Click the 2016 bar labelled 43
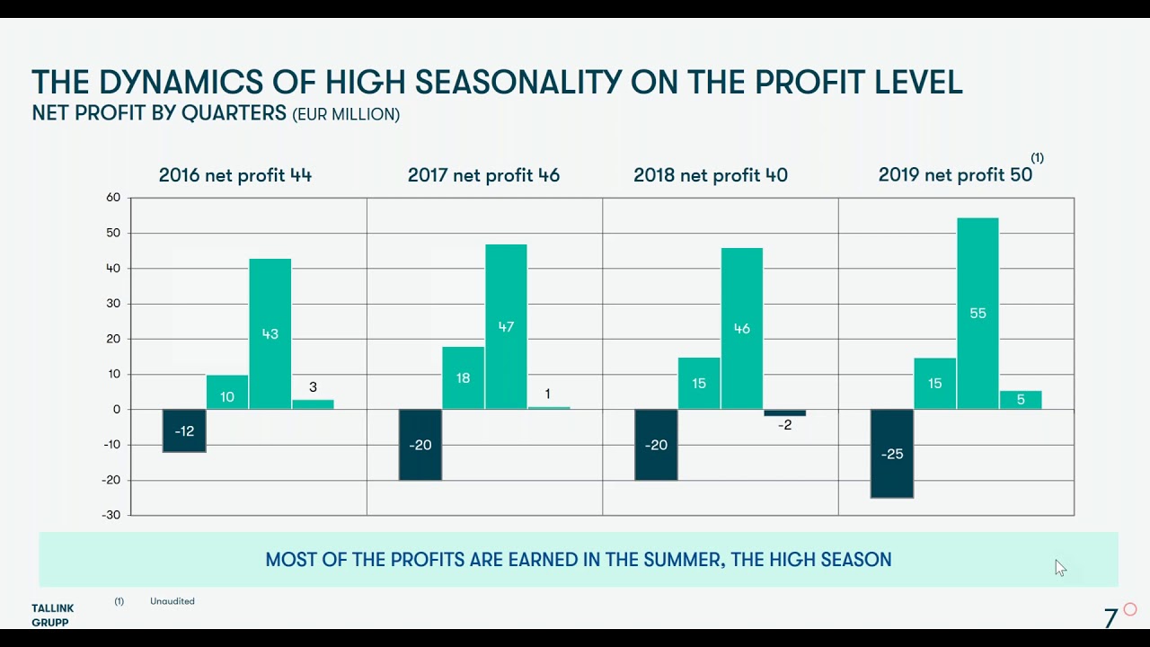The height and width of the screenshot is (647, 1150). click(270, 334)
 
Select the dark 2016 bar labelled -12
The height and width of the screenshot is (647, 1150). click(184, 430)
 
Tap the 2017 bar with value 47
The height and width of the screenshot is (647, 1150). click(506, 327)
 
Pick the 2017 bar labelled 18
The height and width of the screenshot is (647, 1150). click(463, 377)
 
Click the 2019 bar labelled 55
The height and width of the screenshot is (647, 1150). click(977, 314)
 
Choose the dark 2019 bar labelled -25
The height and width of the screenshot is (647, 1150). click(891, 454)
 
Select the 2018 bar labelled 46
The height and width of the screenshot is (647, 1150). click(741, 329)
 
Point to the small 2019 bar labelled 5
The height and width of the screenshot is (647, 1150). click(1021, 400)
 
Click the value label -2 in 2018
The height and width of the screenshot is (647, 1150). click(784, 425)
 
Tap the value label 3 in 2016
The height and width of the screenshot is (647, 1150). click(313, 387)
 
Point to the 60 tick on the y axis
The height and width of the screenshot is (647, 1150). click(113, 198)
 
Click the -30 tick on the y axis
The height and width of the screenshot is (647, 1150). click(111, 515)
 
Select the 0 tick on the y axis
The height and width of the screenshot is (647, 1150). click(117, 410)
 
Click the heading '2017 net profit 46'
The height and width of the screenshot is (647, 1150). click(483, 175)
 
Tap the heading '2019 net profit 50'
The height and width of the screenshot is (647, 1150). click(955, 175)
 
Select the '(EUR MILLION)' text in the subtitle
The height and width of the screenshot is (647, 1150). click(346, 115)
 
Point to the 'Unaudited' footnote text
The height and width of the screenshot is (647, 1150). click(172, 601)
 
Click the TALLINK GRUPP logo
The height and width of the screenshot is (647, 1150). click(52, 616)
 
